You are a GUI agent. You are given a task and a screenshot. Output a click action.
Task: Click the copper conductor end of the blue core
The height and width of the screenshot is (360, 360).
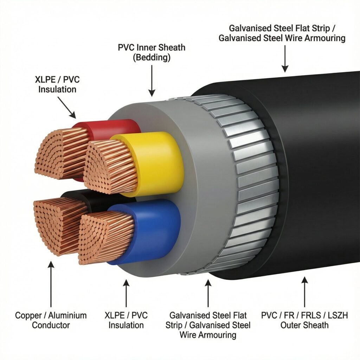105,236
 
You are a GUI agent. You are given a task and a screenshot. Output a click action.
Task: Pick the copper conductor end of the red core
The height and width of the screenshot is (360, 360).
62,153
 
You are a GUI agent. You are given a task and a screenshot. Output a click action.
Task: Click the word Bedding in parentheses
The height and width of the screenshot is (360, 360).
152,58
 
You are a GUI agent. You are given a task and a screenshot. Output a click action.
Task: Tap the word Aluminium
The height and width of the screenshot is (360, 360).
67,315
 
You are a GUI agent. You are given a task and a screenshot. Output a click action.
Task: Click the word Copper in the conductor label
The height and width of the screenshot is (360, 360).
28,315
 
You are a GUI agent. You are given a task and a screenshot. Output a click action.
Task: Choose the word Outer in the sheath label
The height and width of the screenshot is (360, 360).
291,325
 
